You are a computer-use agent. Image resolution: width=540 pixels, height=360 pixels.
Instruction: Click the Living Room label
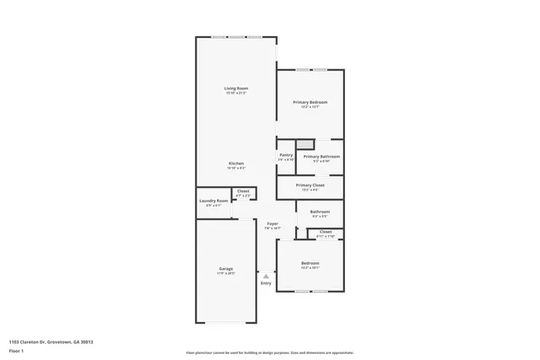pos(236,89)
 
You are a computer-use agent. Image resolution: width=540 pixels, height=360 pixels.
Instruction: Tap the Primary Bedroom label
pos(310,102)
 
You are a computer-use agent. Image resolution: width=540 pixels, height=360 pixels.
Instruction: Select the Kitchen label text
pos(236,164)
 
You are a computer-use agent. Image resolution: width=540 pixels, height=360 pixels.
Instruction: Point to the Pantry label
pos(286,155)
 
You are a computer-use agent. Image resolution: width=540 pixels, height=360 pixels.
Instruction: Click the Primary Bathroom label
pos(321,156)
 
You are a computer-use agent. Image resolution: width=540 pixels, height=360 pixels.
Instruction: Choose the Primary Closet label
pos(310,185)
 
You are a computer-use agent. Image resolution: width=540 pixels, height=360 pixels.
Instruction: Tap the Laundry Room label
pos(213,201)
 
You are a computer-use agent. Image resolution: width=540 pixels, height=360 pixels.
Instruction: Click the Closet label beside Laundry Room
pos(243,191)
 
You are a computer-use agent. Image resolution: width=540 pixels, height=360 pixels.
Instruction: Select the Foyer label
pos(273,223)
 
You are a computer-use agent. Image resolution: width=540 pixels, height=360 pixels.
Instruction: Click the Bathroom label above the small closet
pos(320,212)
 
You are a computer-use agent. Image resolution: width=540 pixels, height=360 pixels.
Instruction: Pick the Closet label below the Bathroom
pos(325,231)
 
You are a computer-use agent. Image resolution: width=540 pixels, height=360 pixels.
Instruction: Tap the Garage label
pos(226,268)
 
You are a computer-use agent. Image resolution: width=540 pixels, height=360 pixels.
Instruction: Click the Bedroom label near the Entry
pos(310,264)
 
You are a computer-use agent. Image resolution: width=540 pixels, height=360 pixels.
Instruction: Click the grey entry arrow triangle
pos(266,276)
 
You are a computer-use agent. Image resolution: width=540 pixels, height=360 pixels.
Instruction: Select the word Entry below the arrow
pos(266,283)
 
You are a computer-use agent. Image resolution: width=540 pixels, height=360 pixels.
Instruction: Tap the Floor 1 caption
pos(16,349)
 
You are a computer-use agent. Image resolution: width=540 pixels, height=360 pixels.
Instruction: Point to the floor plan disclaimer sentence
pos(269,353)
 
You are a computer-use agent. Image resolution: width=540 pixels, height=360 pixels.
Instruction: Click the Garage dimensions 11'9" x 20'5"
pos(226,273)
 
